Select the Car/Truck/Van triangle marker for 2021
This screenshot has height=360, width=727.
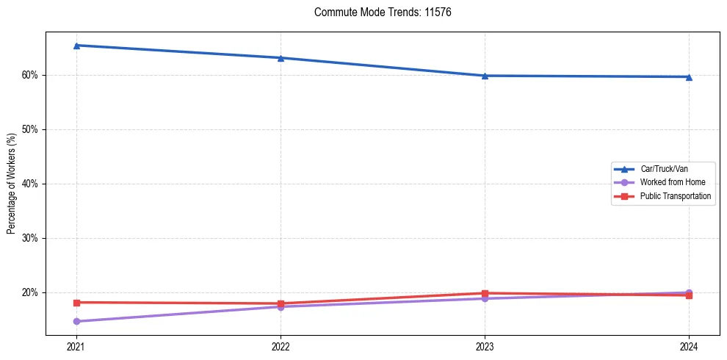[76, 46]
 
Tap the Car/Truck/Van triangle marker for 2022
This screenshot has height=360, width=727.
[281, 58]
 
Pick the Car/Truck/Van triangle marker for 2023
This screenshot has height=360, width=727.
[485, 76]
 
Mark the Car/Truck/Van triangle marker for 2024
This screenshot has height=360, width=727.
[689, 77]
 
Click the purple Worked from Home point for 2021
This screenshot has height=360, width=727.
[76, 321]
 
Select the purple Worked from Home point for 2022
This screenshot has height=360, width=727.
[281, 306]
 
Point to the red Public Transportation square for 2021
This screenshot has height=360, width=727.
[76, 302]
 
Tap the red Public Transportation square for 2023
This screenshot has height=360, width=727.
[485, 293]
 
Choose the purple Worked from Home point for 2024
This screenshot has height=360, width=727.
[689, 292]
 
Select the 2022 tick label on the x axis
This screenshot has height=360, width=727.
[281, 346]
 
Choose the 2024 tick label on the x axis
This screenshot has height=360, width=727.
[689, 346]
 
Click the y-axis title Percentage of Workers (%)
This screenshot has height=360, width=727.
[11, 184]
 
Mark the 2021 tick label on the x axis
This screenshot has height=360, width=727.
[76, 346]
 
